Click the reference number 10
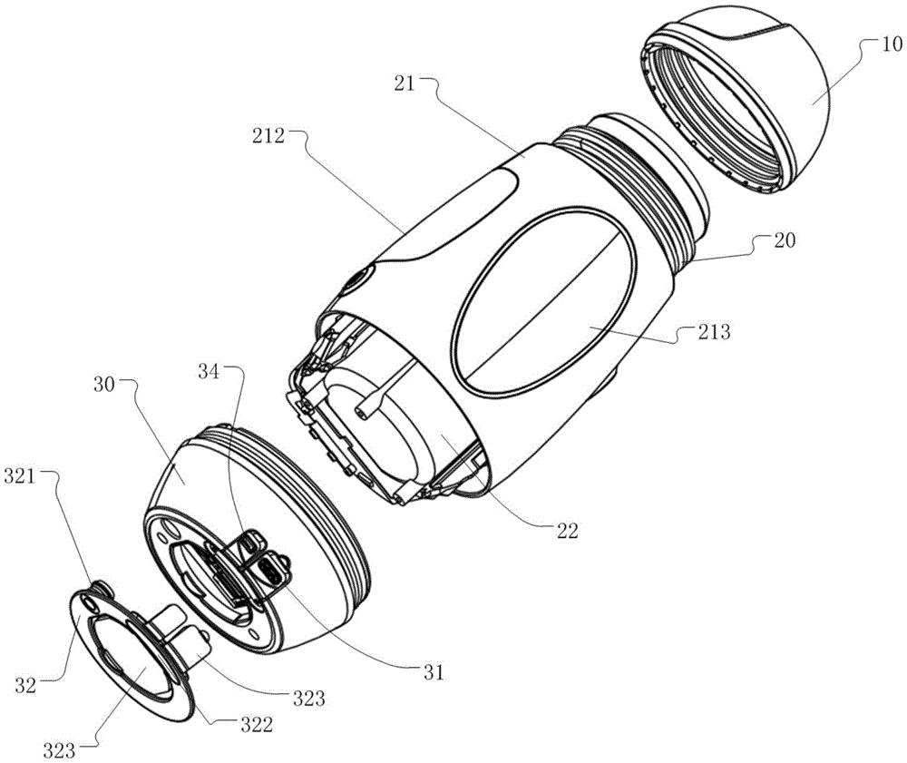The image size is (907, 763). [890, 44]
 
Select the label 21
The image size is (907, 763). [405, 83]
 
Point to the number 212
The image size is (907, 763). [268, 136]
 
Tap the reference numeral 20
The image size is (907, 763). [784, 240]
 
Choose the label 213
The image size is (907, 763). [714, 332]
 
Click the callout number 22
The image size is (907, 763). [568, 531]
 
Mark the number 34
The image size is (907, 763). [210, 372]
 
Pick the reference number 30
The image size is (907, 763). [104, 384]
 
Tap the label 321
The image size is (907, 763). [21, 477]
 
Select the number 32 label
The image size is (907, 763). [25, 686]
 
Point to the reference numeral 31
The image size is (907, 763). [434, 672]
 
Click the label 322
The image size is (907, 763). [256, 724]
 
